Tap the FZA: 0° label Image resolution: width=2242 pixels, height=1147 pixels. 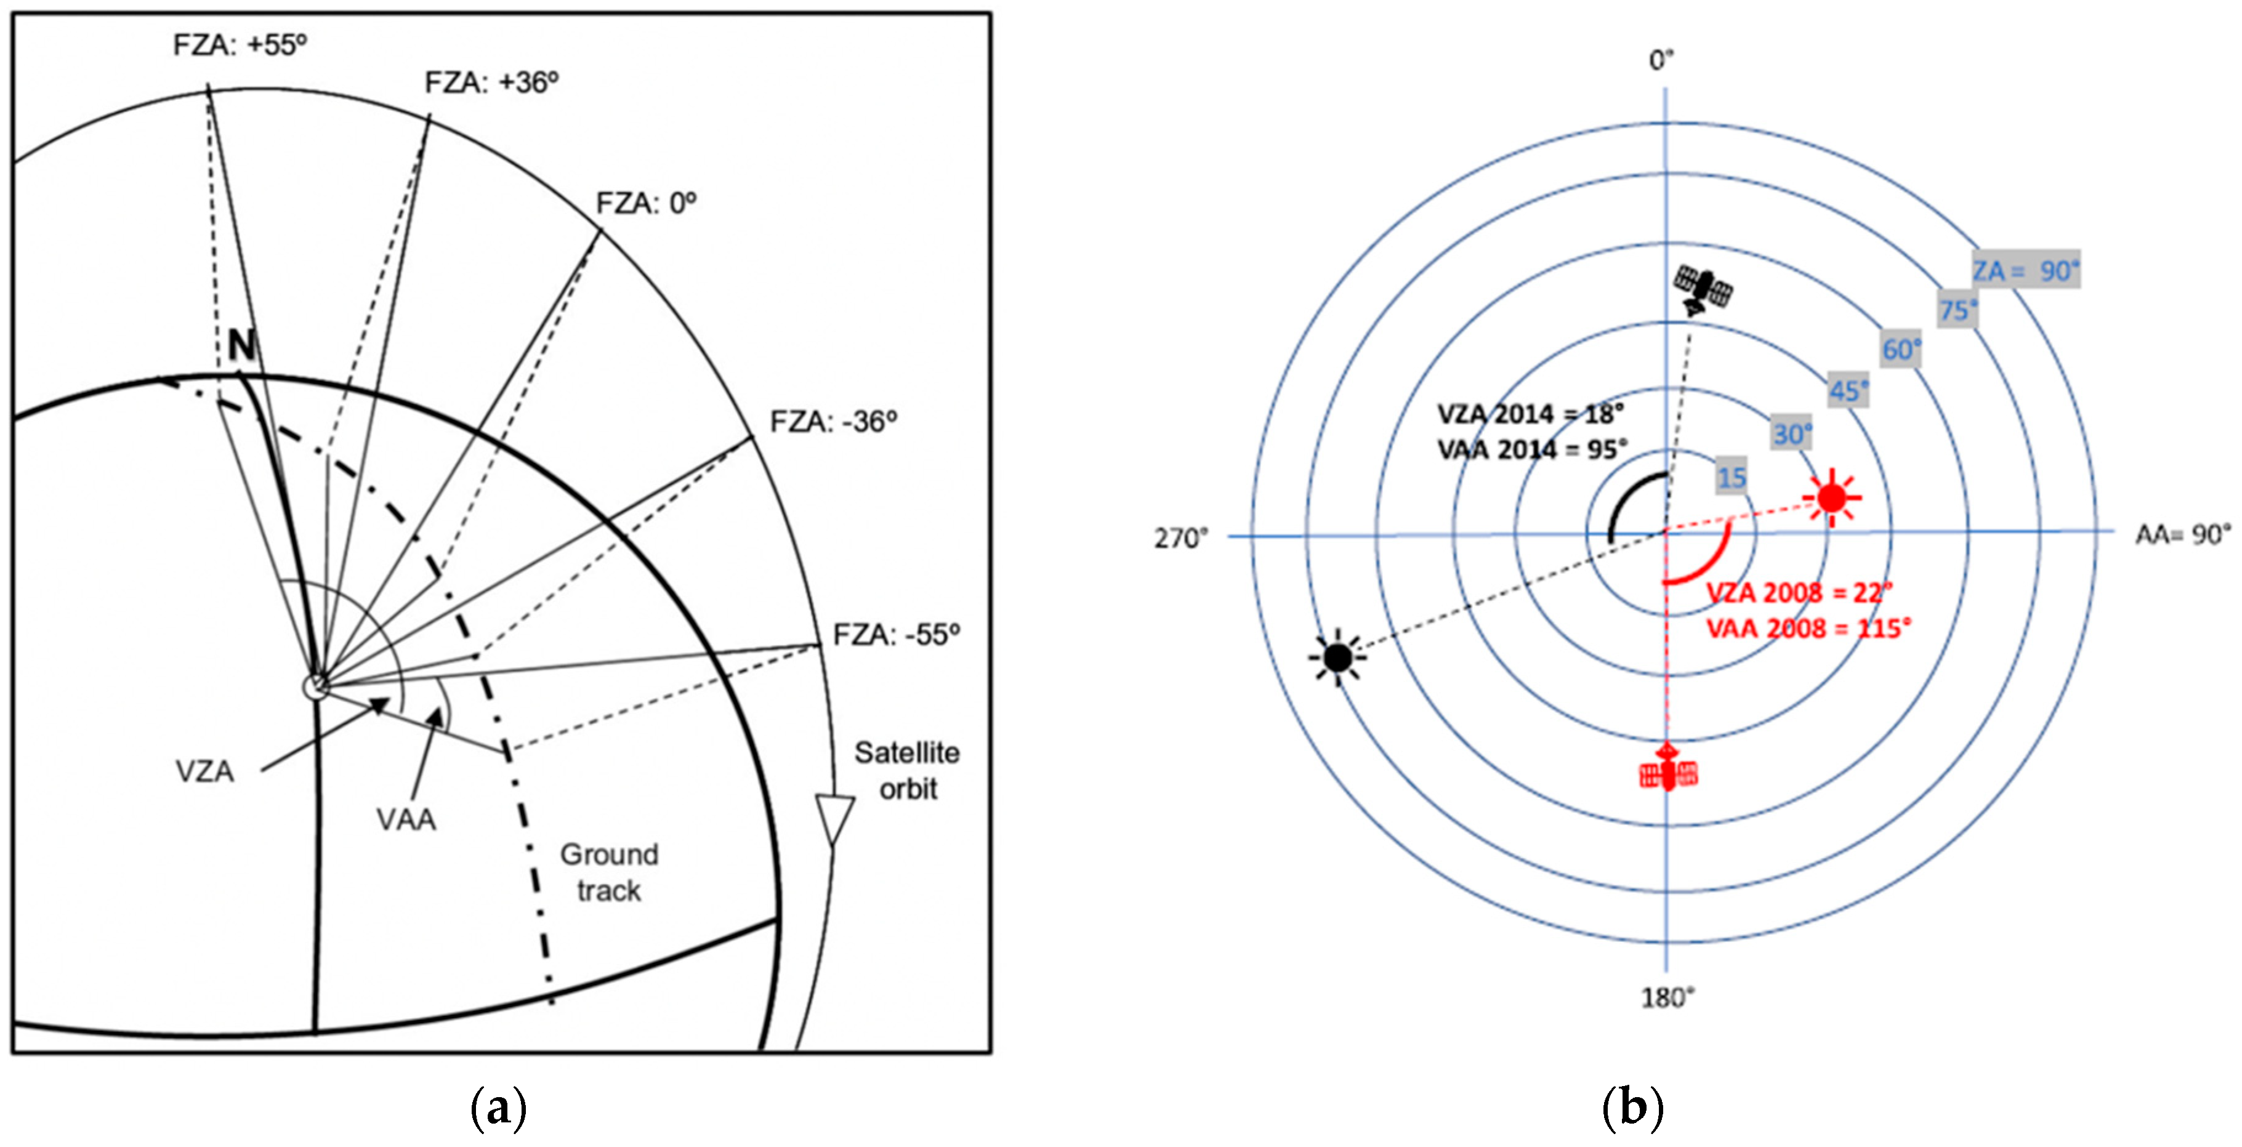[646, 204]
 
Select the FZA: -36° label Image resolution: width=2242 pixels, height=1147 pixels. [833, 422]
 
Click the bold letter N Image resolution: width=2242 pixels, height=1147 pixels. [241, 347]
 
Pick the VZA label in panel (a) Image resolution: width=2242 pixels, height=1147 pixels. [204, 771]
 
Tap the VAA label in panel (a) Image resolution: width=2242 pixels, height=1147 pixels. [406, 819]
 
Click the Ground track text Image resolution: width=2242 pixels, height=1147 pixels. [608, 872]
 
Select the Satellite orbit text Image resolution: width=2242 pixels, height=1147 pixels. [907, 770]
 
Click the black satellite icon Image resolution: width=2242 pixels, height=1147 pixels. [1703, 291]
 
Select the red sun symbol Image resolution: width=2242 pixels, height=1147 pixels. [1831, 498]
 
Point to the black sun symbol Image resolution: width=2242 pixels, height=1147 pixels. [1337, 658]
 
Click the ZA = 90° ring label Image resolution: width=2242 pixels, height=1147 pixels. [2025, 271]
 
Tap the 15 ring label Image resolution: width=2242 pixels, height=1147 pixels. [1731, 477]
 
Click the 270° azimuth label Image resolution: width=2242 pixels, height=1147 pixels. [1181, 539]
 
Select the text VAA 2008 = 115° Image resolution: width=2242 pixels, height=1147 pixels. [1809, 629]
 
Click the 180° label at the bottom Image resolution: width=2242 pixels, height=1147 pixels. [1667, 998]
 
